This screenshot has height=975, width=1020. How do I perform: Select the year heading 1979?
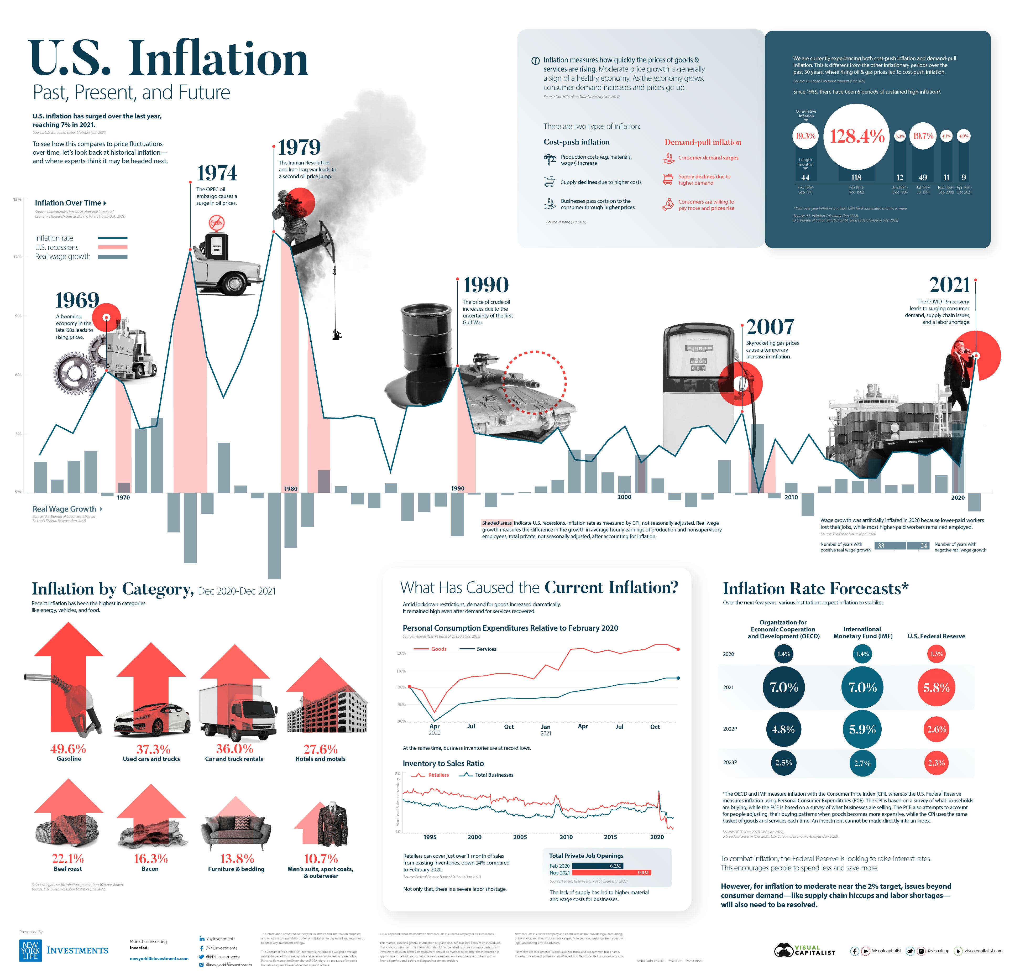click(299, 148)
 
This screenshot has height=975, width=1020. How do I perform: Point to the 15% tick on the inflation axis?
click(17, 200)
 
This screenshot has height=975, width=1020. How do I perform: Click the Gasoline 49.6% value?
click(68, 749)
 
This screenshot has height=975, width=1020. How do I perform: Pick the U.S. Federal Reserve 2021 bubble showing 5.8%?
click(936, 687)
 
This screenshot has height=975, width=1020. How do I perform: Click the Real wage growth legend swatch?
click(112, 257)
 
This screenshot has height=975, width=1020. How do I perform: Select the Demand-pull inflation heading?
click(703, 142)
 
